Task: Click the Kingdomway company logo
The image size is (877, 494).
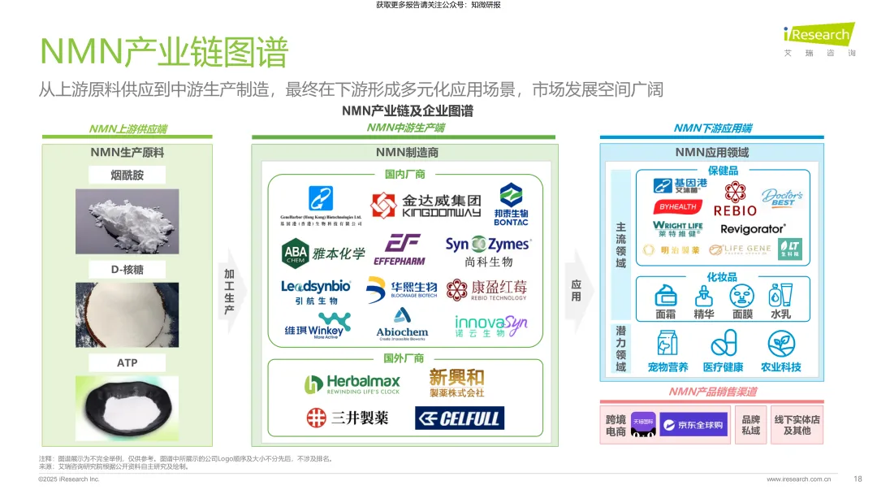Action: pyautogui.click(x=426, y=206)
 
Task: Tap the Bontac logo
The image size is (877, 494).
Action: pyautogui.click(x=511, y=205)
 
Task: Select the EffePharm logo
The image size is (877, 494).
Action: pyautogui.click(x=400, y=249)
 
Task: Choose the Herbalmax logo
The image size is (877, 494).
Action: pyautogui.click(x=352, y=383)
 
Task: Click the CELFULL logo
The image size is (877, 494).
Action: pyautogui.click(x=460, y=418)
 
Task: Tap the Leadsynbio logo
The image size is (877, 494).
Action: pyautogui.click(x=316, y=292)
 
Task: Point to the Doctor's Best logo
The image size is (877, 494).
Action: pyautogui.click(x=783, y=197)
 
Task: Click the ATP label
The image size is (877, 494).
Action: pyautogui.click(x=127, y=362)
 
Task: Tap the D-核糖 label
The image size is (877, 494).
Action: pyautogui.click(x=127, y=269)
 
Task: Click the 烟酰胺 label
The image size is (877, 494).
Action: pyautogui.click(x=127, y=175)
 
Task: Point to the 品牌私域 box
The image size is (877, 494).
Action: pyautogui.click(x=750, y=425)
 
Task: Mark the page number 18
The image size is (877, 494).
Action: pyautogui.click(x=858, y=479)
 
